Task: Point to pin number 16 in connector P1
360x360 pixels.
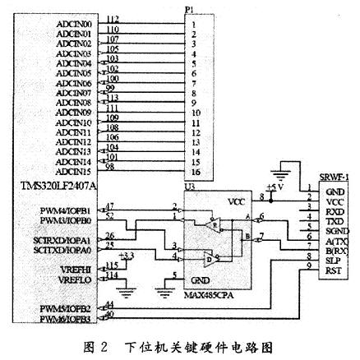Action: [195, 172]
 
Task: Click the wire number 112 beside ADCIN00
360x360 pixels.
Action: [113, 18]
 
